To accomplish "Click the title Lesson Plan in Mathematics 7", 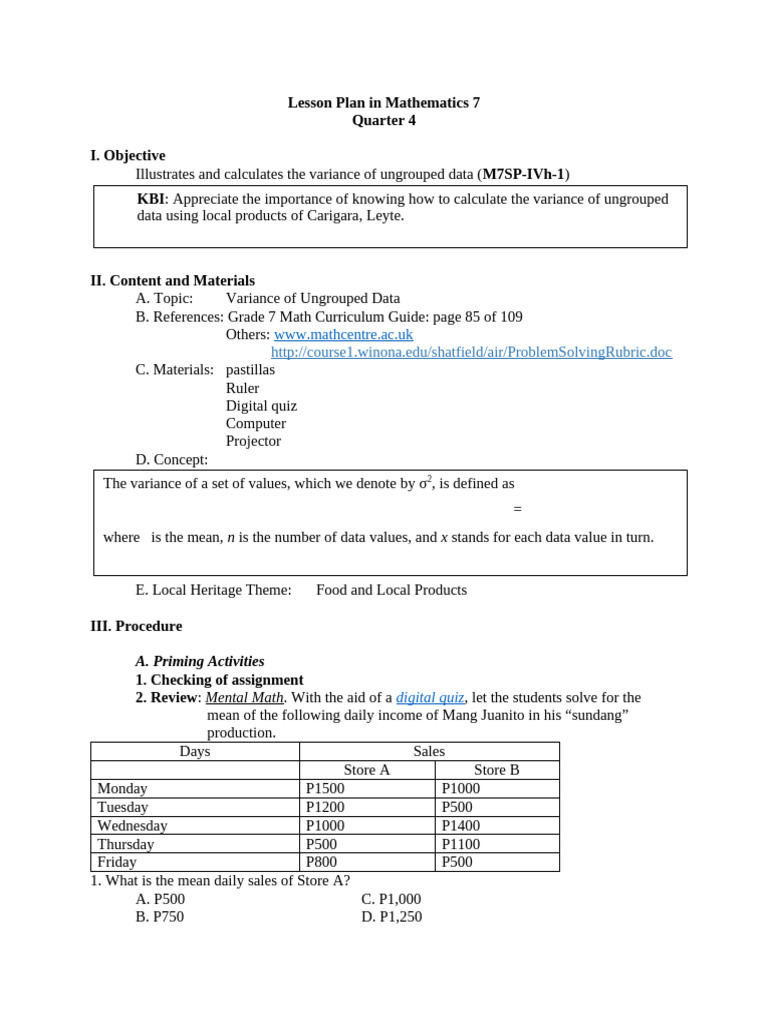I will [x=384, y=103].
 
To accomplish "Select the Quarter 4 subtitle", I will [x=384, y=121].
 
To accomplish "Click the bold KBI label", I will [x=151, y=199].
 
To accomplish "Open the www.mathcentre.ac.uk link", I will [x=343, y=334].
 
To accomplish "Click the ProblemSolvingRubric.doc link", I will [x=471, y=352].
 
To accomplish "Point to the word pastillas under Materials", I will [x=250, y=370].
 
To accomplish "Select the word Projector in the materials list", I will [x=253, y=441].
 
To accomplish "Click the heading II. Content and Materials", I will [x=172, y=281].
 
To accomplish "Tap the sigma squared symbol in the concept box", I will [x=424, y=483].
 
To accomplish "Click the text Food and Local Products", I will [x=391, y=590].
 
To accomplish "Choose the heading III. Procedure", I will [x=136, y=626].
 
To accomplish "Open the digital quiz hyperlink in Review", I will [x=430, y=697].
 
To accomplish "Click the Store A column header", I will [x=366, y=770].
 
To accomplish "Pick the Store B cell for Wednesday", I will [x=460, y=825].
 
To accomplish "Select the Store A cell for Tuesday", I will [x=324, y=807].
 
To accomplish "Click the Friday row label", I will [x=117, y=862].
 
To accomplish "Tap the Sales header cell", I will [x=428, y=751].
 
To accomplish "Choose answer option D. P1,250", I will [x=391, y=916].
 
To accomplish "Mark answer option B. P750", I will [x=160, y=916].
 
